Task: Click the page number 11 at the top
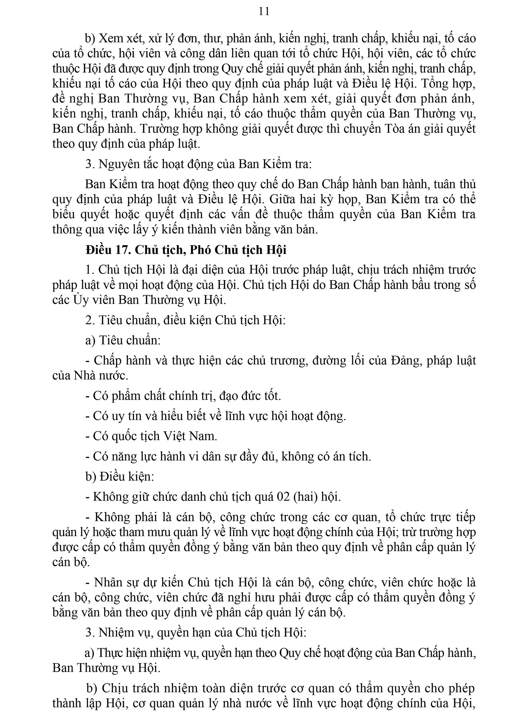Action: (x=264, y=12)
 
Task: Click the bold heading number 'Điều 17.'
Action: (x=107, y=250)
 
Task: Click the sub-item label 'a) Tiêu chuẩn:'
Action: (x=123, y=340)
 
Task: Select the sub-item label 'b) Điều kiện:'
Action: (x=120, y=477)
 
